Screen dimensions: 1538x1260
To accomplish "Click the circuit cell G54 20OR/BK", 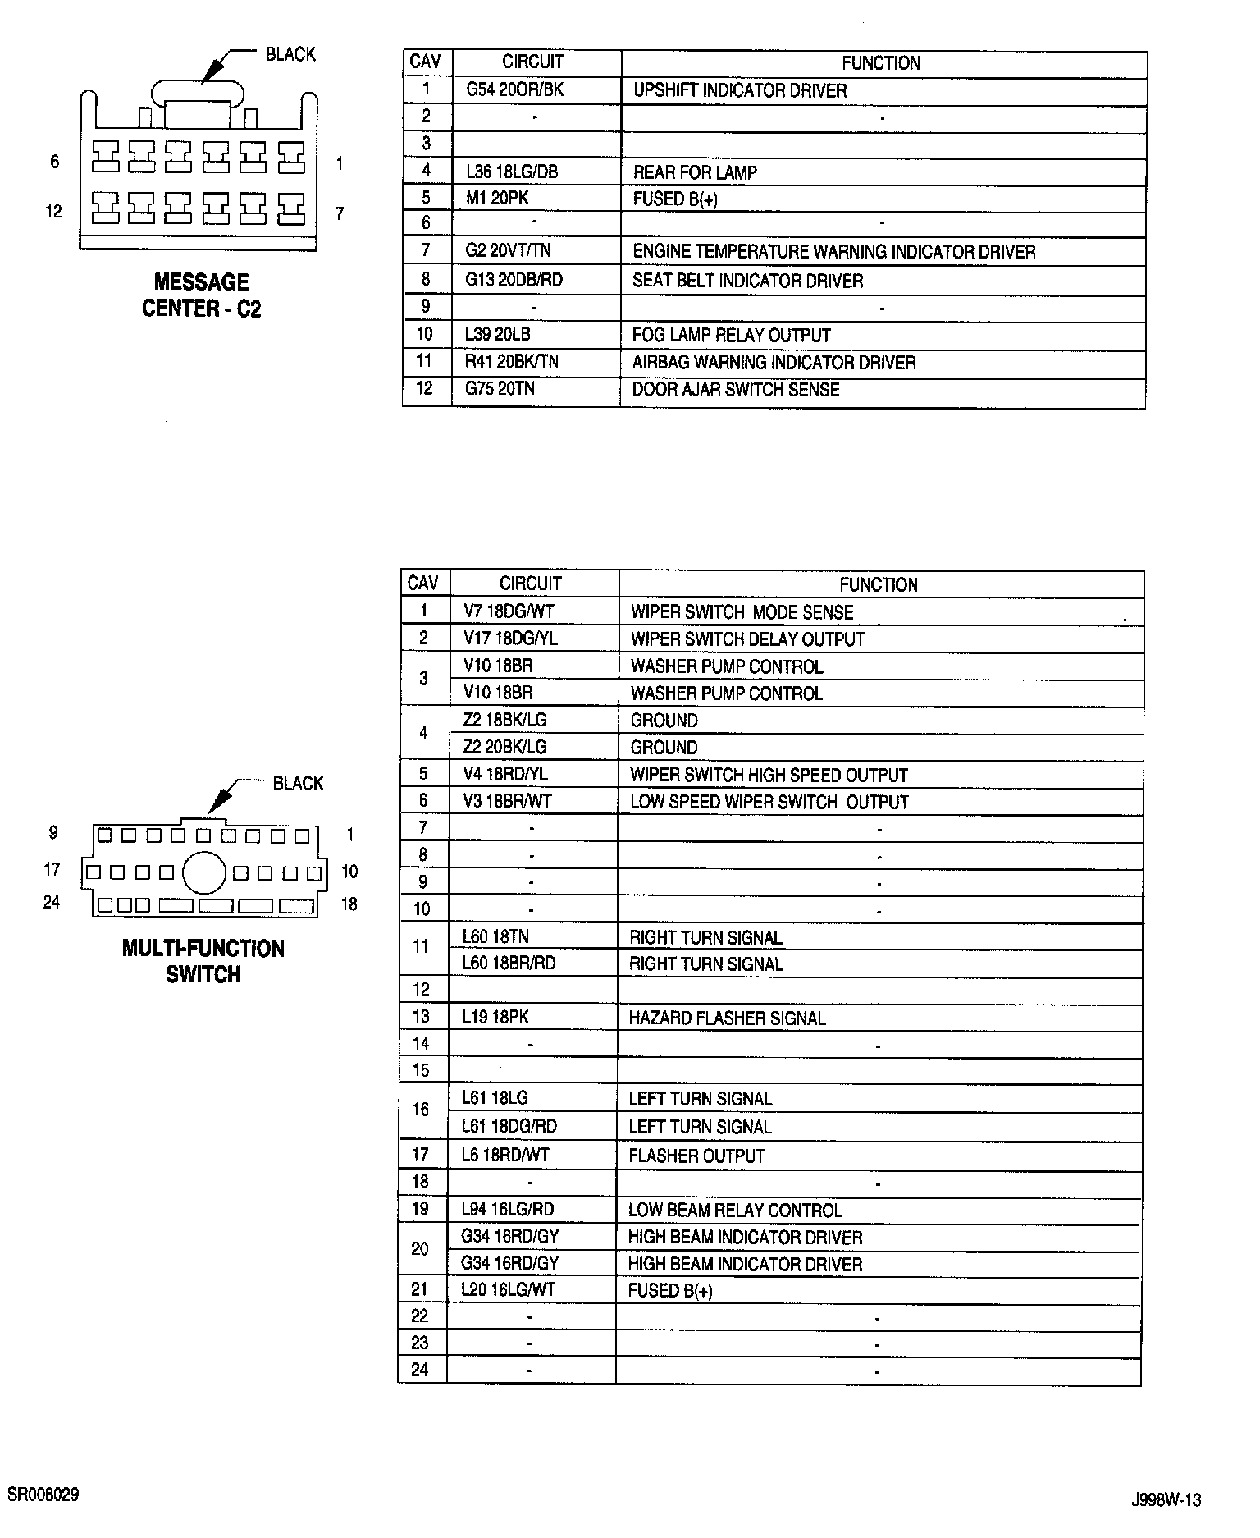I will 514,89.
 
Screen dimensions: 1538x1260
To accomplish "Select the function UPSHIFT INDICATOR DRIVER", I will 739,90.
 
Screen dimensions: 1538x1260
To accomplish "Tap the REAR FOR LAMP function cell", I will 694,172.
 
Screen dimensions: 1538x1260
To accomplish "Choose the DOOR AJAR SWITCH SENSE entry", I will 735,390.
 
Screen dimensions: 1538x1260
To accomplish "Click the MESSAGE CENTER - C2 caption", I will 201,295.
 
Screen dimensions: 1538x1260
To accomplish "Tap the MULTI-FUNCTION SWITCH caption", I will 203,961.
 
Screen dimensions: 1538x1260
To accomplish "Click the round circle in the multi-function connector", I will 203,872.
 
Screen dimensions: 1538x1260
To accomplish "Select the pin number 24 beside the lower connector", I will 52,903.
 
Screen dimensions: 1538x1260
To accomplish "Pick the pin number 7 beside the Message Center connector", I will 340,213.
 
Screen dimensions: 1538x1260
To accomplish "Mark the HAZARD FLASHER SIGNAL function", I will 726,1018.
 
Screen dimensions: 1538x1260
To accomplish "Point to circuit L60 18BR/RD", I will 509,964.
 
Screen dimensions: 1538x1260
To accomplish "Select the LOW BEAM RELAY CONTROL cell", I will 734,1211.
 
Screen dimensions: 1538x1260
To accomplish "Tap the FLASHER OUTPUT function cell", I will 696,1156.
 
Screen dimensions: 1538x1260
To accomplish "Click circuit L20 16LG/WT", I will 508,1290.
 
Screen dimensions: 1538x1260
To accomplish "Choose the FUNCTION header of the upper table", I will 880,63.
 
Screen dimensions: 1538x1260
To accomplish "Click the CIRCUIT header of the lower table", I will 530,584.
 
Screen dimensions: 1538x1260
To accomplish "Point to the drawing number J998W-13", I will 1166,1499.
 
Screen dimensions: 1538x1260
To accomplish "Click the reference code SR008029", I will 43,1494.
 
